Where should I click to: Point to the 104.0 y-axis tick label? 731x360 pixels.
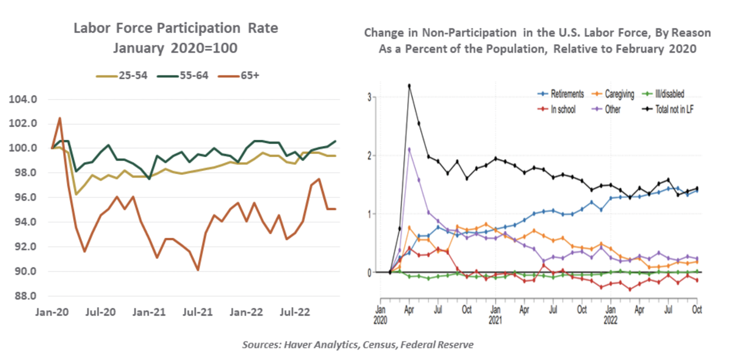pyautogui.click(x=23, y=99)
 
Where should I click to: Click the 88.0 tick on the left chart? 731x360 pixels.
pyautogui.click(x=23, y=296)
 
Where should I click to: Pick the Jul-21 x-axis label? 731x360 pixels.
pyautogui.click(x=197, y=312)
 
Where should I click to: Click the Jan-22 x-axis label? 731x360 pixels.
pyautogui.click(x=246, y=312)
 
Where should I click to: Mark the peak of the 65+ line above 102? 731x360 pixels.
pyautogui.click(x=60, y=118)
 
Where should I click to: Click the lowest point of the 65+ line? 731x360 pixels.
pyautogui.click(x=198, y=270)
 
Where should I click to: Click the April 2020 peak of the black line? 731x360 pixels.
pyautogui.click(x=409, y=86)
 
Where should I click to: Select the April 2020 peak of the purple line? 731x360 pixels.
pyautogui.click(x=409, y=149)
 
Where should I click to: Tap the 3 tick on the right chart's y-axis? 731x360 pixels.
pyautogui.click(x=370, y=97)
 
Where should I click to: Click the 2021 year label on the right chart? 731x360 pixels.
pyautogui.click(x=495, y=320)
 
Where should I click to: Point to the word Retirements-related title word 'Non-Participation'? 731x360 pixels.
pyautogui.click(x=469, y=33)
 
